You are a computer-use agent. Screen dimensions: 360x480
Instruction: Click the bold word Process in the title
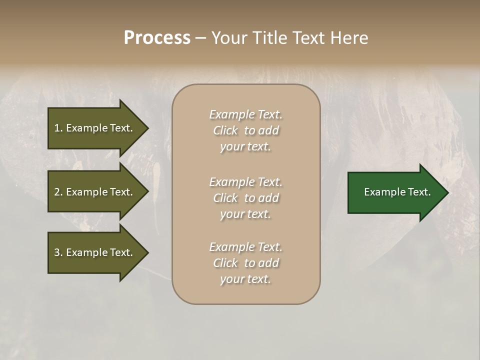[157, 38]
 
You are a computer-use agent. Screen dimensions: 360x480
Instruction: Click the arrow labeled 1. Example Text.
[93, 128]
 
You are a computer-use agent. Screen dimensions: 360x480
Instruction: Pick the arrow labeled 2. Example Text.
[93, 192]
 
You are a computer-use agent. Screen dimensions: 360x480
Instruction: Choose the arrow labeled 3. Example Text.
[93, 252]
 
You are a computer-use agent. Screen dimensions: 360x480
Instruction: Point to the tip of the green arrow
[447, 192]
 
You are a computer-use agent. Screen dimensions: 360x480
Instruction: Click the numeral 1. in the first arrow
[58, 128]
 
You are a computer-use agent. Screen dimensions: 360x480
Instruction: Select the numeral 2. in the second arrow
[58, 192]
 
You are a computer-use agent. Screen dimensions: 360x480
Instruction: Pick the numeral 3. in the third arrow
[58, 252]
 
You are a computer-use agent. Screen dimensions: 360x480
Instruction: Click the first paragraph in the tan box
[245, 130]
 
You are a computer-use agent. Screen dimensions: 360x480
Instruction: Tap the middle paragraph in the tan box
[245, 198]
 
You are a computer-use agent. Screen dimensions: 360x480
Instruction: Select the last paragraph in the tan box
[245, 263]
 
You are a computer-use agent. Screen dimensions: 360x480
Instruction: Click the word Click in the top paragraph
[225, 130]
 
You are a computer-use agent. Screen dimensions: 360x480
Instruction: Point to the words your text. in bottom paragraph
[245, 279]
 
